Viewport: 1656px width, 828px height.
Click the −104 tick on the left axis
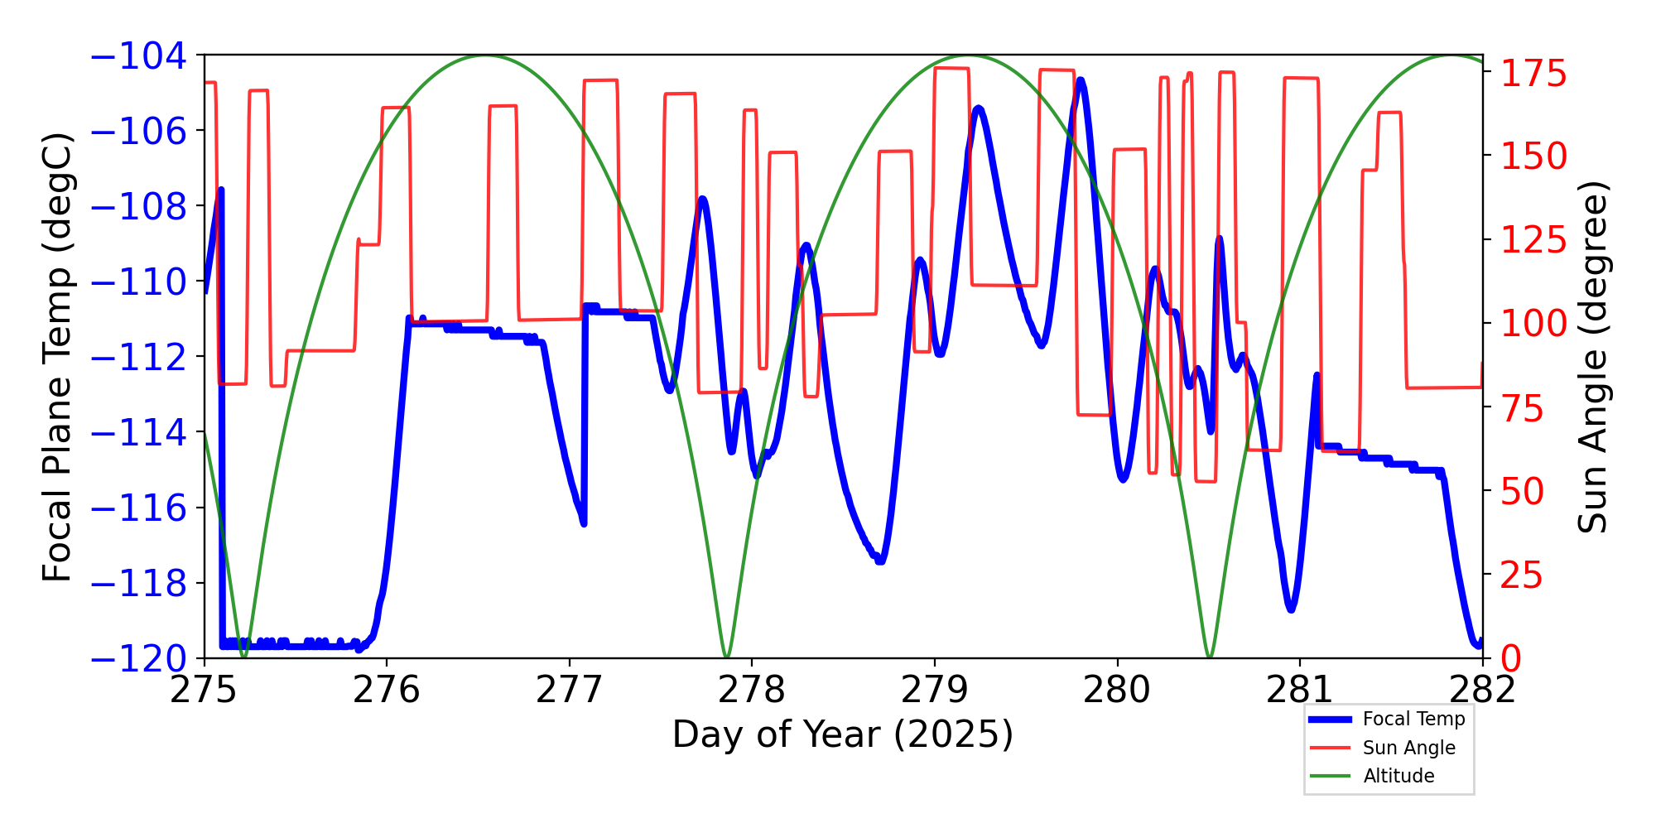(x=138, y=56)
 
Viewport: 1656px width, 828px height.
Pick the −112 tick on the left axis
(x=138, y=358)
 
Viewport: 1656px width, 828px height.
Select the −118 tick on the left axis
(x=138, y=584)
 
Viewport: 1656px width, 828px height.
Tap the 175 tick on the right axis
(x=1534, y=74)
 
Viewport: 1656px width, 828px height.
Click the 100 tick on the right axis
(x=1534, y=324)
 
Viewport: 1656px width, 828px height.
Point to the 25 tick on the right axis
(x=1523, y=575)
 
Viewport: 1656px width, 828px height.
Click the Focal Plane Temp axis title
(x=57, y=358)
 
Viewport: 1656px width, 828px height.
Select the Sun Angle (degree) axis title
(x=1591, y=358)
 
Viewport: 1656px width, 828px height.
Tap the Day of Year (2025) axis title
(x=842, y=734)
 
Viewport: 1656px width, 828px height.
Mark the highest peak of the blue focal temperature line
(x=1081, y=80)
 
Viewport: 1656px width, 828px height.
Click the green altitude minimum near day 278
(x=726, y=657)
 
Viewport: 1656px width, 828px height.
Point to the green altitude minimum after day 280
(x=1210, y=657)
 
